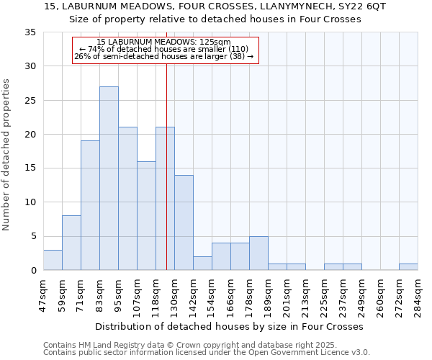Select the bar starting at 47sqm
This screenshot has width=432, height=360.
tap(53, 260)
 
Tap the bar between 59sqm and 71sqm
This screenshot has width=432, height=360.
tap(71, 243)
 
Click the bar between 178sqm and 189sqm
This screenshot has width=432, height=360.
tap(258, 253)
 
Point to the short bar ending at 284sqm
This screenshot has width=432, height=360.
tap(408, 267)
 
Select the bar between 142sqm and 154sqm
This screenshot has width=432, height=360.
tap(202, 264)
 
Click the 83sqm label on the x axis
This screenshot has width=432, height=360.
tap(99, 295)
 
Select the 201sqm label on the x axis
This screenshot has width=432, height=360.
tap(287, 295)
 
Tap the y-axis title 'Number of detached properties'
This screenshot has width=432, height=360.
tap(6, 155)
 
